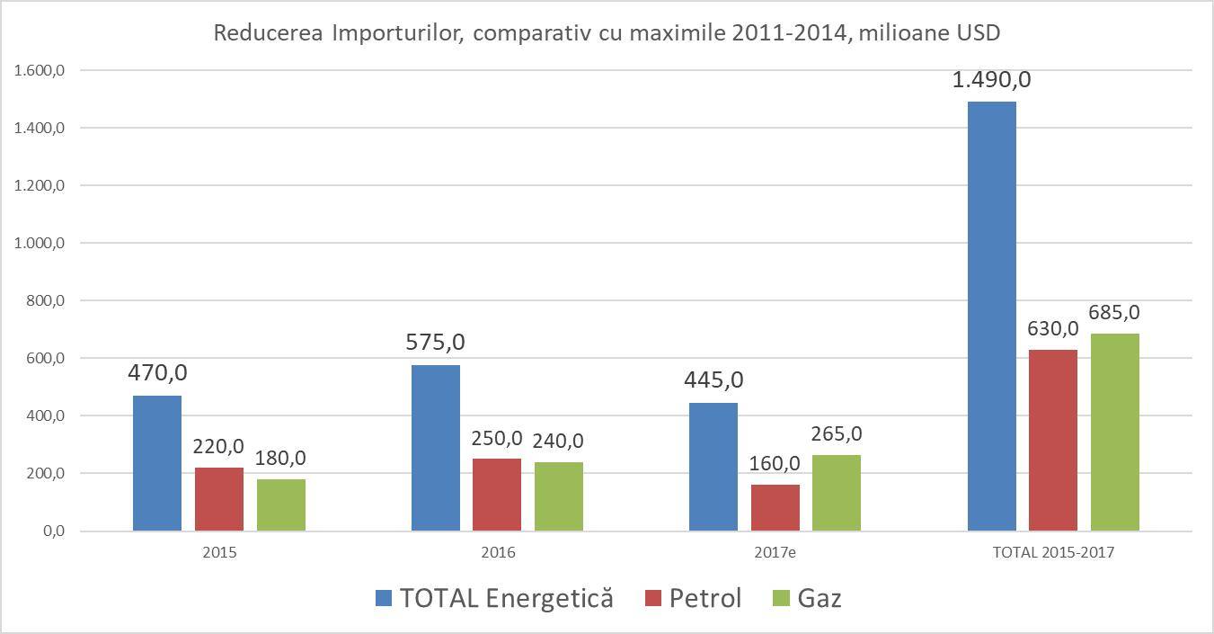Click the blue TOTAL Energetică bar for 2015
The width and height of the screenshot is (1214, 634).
[157, 463]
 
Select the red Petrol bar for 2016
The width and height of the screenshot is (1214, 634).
[497, 495]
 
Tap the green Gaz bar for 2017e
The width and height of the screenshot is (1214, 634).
[837, 493]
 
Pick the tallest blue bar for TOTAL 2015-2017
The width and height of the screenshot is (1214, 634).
[992, 315]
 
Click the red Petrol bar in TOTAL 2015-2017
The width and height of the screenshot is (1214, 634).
[1053, 441]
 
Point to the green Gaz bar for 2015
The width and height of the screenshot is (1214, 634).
[281, 505]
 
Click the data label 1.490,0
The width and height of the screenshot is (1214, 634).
[992, 80]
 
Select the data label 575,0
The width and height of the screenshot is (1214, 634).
[436, 343]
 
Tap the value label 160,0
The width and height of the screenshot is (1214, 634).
[775, 464]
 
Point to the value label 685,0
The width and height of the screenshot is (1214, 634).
[1114, 313]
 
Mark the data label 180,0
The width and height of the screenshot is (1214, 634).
[280, 458]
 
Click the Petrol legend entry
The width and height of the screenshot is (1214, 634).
[694, 598]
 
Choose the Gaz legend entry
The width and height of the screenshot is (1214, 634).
[807, 598]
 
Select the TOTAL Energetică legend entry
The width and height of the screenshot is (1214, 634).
[495, 598]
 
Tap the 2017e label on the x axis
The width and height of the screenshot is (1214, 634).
[775, 553]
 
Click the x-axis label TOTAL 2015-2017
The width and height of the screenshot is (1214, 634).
[1053, 553]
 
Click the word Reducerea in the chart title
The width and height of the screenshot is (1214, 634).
[268, 33]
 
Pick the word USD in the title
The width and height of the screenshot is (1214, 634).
[979, 33]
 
